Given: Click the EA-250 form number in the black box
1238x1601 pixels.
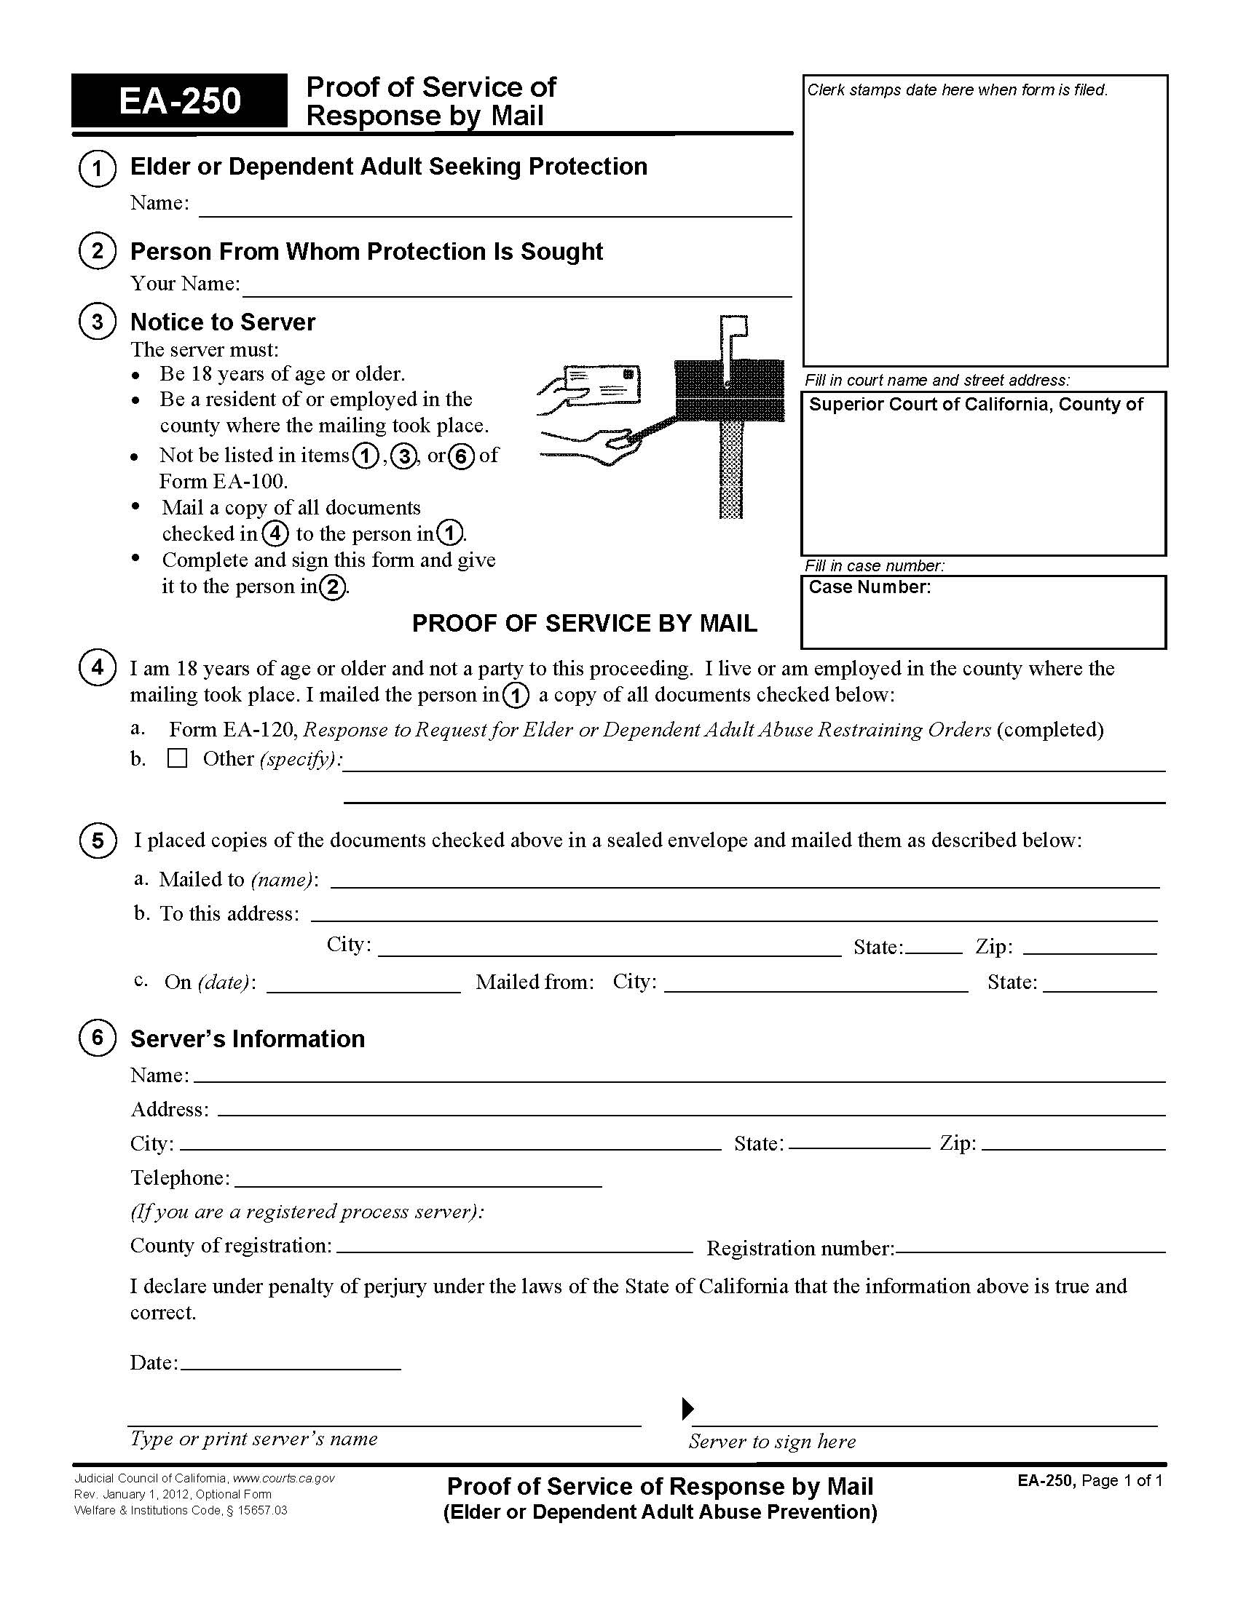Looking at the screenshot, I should (x=180, y=101).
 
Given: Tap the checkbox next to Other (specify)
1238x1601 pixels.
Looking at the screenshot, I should (x=177, y=758).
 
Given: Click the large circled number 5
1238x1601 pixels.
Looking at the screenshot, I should (x=97, y=840).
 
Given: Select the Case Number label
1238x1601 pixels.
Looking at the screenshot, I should (x=869, y=587).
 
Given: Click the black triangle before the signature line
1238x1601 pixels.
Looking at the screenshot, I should (x=687, y=1408).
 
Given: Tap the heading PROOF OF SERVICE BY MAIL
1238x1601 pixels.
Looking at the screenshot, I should (x=584, y=623).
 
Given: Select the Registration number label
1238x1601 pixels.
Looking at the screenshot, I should (x=800, y=1248).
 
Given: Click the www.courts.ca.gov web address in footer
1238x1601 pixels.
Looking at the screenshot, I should (x=283, y=1478).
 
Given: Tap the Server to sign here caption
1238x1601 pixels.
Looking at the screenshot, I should (x=771, y=1441).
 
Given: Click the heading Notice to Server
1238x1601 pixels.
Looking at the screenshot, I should (x=222, y=322).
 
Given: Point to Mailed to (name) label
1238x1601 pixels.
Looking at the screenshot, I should (x=238, y=880).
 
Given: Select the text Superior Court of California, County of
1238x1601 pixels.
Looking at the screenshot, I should (x=975, y=405).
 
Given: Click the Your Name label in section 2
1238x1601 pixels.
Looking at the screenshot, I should (x=185, y=284).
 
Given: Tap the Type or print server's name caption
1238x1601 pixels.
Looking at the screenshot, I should (x=253, y=1438).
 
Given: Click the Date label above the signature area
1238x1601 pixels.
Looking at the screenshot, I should (x=154, y=1363).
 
